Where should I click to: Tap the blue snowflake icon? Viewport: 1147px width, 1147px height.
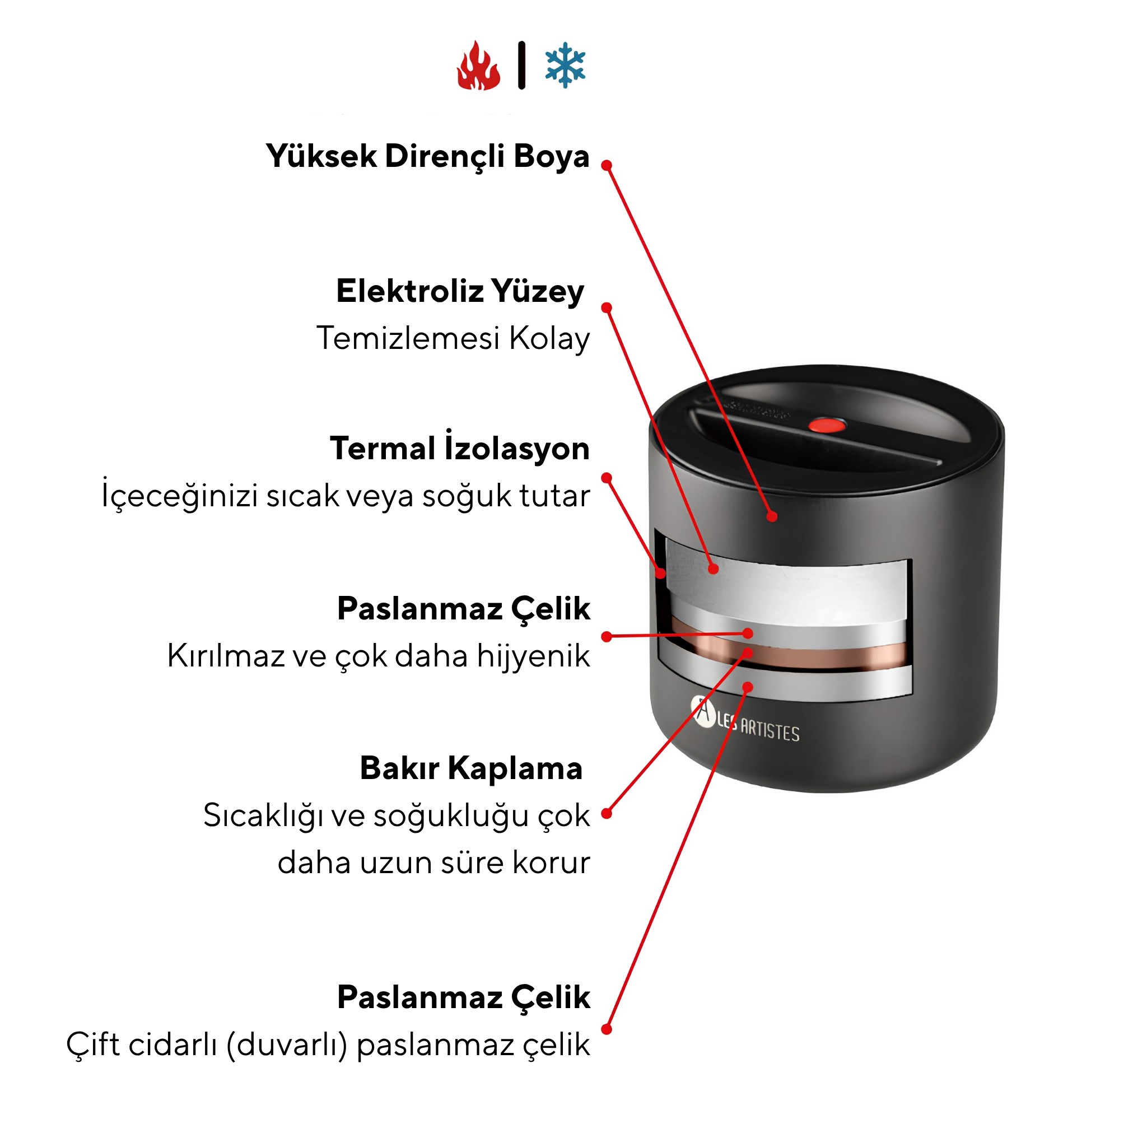(x=565, y=65)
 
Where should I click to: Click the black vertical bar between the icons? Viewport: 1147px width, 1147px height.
(x=522, y=66)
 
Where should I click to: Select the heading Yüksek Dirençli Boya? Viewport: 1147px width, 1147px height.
(x=427, y=157)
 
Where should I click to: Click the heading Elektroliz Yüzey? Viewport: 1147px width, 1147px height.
(x=460, y=291)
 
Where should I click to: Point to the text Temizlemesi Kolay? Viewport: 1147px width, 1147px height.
(x=453, y=339)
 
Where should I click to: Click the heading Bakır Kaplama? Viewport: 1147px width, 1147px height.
(x=472, y=768)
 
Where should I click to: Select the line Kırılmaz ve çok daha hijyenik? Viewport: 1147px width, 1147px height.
(x=379, y=656)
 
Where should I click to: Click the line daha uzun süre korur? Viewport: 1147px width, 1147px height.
(x=434, y=862)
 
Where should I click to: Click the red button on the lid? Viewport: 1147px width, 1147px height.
(x=827, y=425)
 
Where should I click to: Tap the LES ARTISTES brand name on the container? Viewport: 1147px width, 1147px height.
(x=758, y=728)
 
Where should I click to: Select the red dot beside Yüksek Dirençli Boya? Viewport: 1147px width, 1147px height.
(x=606, y=165)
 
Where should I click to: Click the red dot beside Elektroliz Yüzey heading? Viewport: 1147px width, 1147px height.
(x=606, y=307)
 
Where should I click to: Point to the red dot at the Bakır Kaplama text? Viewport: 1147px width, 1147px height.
(x=606, y=813)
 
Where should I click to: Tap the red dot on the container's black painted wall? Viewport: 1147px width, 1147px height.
(x=772, y=516)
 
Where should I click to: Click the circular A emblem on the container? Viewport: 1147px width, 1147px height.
(x=703, y=712)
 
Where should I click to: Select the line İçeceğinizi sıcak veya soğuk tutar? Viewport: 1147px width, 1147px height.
(x=346, y=495)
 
